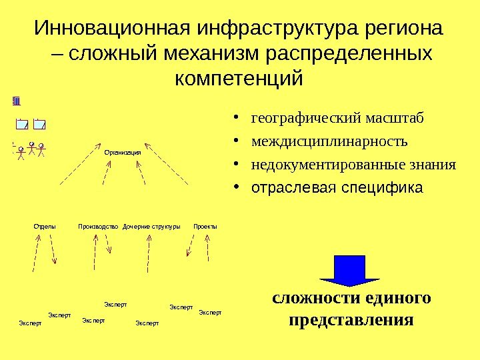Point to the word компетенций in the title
click(x=238, y=79)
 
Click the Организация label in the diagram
click(x=123, y=153)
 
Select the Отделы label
click(x=45, y=227)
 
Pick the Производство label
click(x=98, y=227)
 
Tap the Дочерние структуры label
click(x=152, y=227)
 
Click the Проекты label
click(x=205, y=227)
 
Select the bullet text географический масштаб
click(x=337, y=119)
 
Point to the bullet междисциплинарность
click(x=329, y=142)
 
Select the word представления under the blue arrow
click(x=352, y=319)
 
